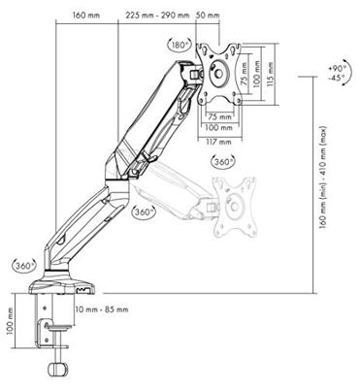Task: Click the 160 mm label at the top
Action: tap(86, 16)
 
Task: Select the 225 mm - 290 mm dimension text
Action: tap(157, 16)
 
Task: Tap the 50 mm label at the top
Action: tap(208, 16)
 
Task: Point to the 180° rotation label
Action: tap(180, 45)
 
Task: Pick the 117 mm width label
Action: tap(219, 142)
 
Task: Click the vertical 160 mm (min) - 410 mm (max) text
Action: tap(322, 178)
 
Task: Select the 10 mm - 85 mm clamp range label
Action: tap(102, 309)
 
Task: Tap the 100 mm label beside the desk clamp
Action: tap(11, 320)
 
